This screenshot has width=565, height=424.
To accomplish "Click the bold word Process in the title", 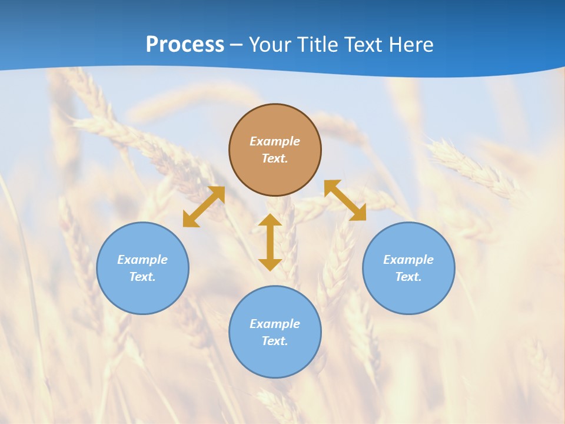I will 185,45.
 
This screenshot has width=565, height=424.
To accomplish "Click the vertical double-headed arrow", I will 270,242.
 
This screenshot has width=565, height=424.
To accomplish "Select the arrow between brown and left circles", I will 204,207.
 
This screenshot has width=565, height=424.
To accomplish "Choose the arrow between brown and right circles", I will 345,200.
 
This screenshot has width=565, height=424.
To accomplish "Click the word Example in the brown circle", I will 275,141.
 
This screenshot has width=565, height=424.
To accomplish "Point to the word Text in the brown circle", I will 275,158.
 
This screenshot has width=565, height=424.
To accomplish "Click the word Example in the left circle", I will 142,260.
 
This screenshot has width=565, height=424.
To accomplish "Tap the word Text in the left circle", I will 142,277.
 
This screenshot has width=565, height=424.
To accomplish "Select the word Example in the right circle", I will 408,260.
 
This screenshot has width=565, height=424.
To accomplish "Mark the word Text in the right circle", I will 408,277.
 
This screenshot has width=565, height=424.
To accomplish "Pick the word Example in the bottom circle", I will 275,324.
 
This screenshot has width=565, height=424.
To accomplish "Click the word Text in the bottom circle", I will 275,341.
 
